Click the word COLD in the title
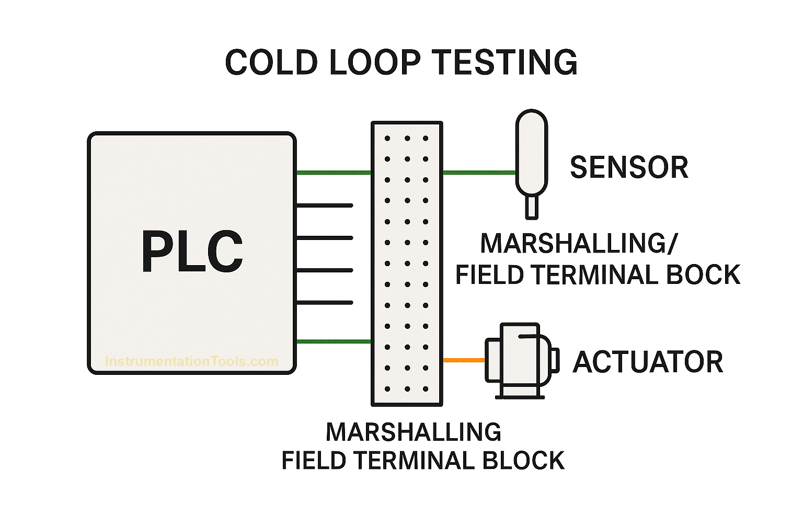[271, 62]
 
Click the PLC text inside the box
[192, 252]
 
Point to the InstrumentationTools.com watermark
[191, 361]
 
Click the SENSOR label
[629, 167]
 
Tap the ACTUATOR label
[648, 362]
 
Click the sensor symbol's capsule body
[531, 152]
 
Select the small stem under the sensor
[531, 207]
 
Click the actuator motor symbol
[520, 361]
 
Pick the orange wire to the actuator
[464, 360]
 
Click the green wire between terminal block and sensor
[479, 172]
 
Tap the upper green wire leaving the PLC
[334, 172]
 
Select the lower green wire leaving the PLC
[334, 341]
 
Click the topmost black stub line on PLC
[324, 205]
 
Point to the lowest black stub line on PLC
[324, 303]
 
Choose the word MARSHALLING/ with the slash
[579, 243]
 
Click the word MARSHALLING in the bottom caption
[414, 432]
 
